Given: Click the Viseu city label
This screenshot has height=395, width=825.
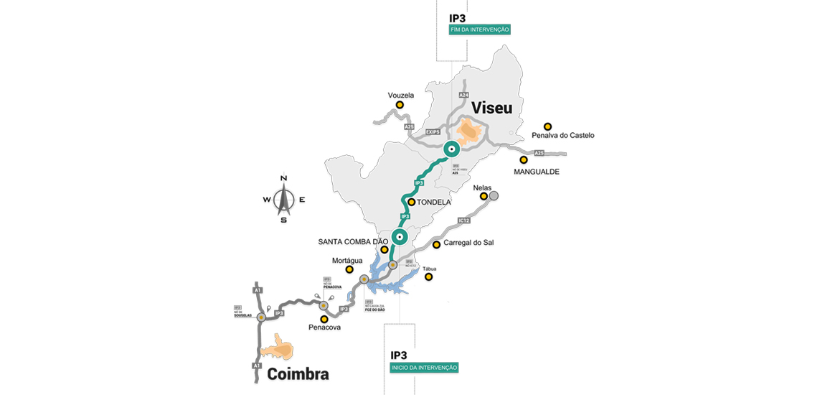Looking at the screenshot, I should (x=492, y=108).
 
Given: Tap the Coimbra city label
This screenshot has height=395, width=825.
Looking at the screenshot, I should (x=298, y=373).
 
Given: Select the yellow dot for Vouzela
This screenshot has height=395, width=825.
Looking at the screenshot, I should (x=400, y=105).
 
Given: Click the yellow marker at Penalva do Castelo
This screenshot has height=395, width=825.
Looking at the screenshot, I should (x=547, y=126).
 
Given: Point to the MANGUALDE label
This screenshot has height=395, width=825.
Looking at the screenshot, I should (x=537, y=172).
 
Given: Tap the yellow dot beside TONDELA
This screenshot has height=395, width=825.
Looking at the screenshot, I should (x=412, y=203).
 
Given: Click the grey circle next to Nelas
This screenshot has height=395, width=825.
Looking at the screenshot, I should (x=494, y=195).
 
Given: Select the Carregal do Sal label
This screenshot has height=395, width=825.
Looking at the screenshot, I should (x=468, y=243).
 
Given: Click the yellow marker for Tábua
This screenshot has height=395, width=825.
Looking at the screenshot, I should (x=428, y=276).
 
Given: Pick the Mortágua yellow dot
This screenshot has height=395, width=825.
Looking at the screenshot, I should (x=349, y=269).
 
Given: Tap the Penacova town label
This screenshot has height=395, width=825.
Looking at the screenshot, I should (x=324, y=327).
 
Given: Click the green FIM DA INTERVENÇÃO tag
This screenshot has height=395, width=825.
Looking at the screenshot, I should (x=480, y=29).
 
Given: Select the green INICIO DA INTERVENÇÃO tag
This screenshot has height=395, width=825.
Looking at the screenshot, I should (x=424, y=367).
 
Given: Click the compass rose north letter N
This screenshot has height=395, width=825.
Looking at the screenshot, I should (x=283, y=178).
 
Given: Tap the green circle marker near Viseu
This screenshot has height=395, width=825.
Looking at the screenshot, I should (x=451, y=149).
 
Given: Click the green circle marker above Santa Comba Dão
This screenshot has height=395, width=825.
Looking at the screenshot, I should (x=400, y=236).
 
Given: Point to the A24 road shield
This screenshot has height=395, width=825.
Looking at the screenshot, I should (x=463, y=95).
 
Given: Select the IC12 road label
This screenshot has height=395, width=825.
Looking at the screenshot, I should (x=463, y=220).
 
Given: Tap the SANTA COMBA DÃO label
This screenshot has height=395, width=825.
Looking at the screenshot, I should (x=352, y=241).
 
